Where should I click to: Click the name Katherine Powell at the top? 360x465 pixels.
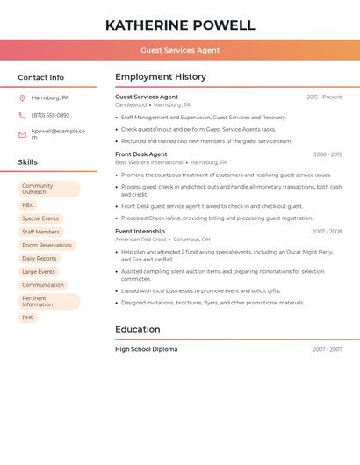(x=180, y=25)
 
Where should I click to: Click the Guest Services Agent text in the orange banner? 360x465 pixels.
(x=180, y=50)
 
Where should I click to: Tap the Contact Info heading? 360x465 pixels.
(x=41, y=77)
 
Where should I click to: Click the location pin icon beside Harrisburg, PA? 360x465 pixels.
(x=22, y=97)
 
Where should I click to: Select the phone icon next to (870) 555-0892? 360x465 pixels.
(x=22, y=115)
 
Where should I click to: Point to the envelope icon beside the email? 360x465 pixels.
(x=22, y=134)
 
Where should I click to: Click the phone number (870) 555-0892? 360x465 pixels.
(x=51, y=115)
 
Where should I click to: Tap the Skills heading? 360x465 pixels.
(x=28, y=162)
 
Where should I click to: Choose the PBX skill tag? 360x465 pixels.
(x=28, y=205)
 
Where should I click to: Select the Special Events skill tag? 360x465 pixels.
(x=40, y=218)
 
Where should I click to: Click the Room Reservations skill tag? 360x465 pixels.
(x=47, y=246)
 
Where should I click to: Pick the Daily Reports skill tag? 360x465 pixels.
(x=40, y=259)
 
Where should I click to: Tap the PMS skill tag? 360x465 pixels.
(x=28, y=318)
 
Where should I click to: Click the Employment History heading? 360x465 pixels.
(x=161, y=77)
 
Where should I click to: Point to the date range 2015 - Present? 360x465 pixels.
(x=324, y=97)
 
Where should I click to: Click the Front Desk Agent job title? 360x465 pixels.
(x=141, y=154)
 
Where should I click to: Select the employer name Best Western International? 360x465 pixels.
(x=149, y=162)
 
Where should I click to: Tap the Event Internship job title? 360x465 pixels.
(x=140, y=232)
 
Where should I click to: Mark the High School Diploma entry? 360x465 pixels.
(x=147, y=349)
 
